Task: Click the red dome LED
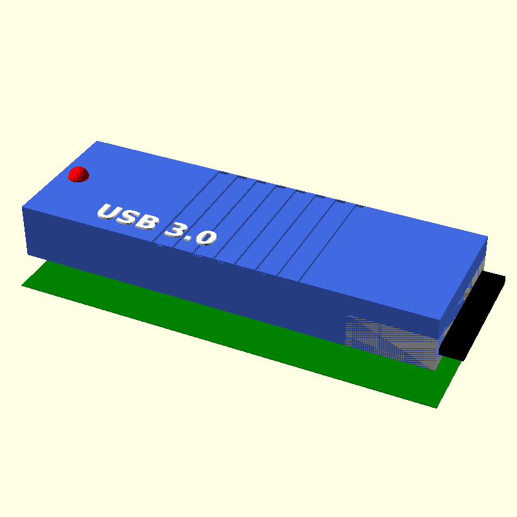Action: (78, 174)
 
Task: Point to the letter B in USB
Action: (147, 222)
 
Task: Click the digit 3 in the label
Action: (176, 230)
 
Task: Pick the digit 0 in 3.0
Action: (206, 237)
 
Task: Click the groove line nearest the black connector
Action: (327, 244)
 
